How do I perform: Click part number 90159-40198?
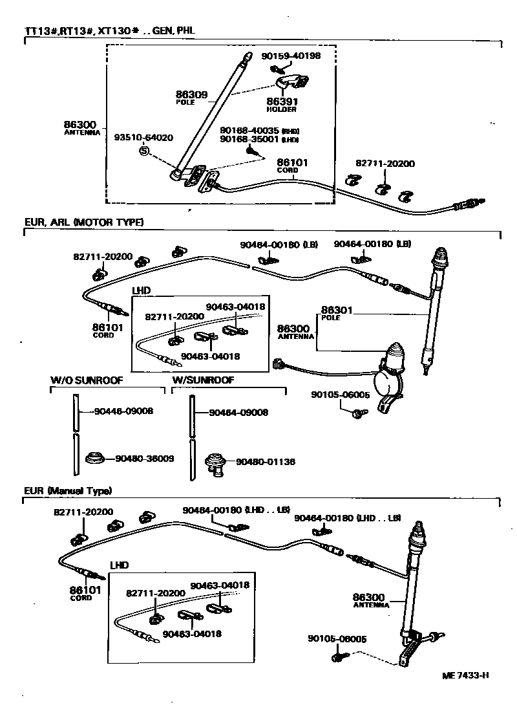(x=291, y=56)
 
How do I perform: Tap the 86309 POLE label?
(x=191, y=97)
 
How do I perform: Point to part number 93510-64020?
(x=143, y=138)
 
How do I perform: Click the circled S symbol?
(x=143, y=151)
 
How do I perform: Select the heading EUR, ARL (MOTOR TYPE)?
(x=84, y=223)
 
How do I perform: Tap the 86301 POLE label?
(x=338, y=313)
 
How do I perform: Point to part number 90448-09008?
(x=123, y=411)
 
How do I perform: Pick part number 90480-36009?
(x=145, y=459)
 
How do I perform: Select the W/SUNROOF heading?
(x=203, y=380)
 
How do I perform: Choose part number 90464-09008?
(x=238, y=412)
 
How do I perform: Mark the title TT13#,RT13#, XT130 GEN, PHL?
(x=110, y=30)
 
